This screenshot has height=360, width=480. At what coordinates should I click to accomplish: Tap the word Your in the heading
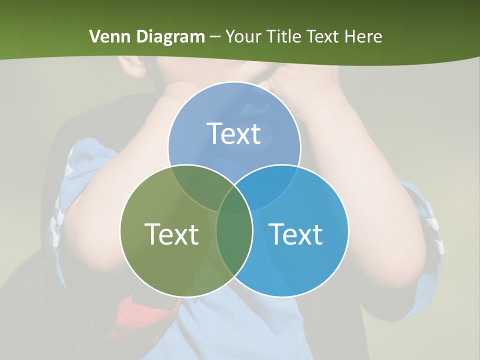[243, 36]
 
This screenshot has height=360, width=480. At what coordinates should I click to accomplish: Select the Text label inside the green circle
[171, 234]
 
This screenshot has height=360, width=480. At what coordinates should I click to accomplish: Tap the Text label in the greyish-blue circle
[234, 133]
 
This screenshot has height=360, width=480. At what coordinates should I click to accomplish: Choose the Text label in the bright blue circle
[296, 234]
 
